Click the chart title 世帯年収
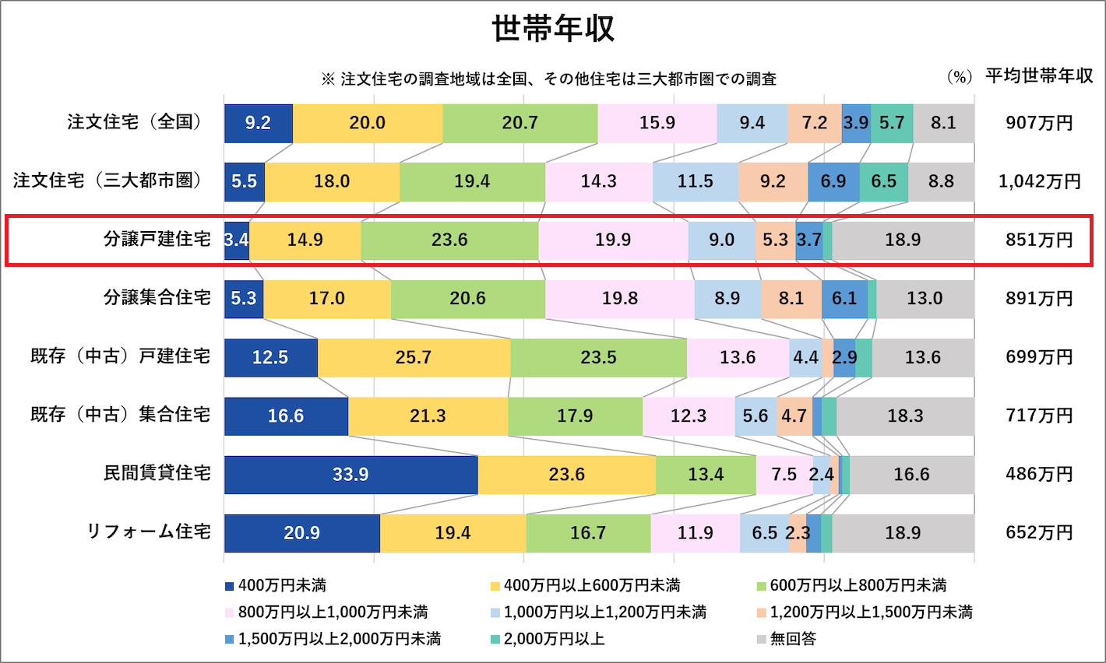[553, 30]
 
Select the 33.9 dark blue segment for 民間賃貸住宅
[350, 475]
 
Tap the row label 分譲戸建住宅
[157, 240]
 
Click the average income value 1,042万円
[1039, 181]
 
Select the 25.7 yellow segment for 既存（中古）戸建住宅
[414, 357]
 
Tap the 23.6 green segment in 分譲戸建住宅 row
[449, 240]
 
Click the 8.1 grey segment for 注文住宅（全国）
[943, 123]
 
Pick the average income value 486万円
[1039, 475]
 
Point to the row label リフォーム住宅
[149, 532]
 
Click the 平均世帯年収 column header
[1039, 76]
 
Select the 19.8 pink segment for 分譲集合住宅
[620, 299]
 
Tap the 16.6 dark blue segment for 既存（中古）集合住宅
[286, 416]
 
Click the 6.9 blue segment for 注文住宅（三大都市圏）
[833, 181]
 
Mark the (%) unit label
[959, 77]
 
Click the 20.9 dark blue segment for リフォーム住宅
[301, 533]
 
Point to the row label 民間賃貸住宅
[157, 474]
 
